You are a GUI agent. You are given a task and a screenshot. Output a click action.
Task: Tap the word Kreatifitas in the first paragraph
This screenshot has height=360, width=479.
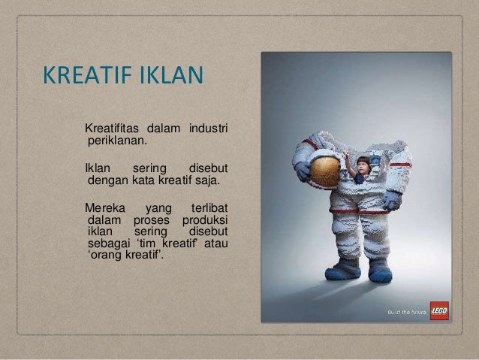(114, 124)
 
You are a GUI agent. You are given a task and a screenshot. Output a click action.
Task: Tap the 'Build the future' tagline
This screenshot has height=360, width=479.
(406, 312)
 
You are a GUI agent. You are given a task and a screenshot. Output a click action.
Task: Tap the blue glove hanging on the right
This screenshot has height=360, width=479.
(392, 201)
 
